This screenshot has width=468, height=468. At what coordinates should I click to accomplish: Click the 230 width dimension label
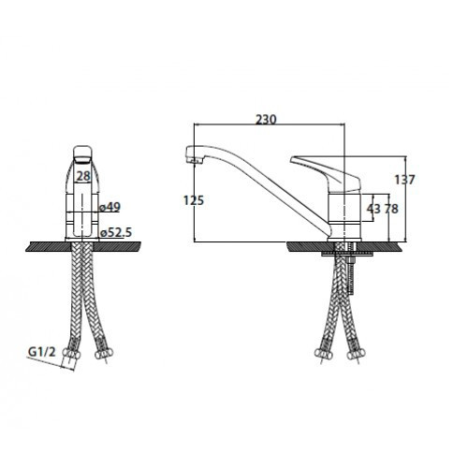point(266,120)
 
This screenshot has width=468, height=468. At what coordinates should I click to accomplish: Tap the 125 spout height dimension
point(194,200)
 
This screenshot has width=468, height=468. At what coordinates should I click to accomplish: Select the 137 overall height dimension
point(404,180)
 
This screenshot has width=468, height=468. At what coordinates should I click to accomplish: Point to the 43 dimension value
point(373,209)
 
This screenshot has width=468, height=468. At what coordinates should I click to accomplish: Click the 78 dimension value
point(391,209)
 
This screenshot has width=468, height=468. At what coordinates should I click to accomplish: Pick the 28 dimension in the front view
point(83,176)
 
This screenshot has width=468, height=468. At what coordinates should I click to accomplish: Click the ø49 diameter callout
point(110,207)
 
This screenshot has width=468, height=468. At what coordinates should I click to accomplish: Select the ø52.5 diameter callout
point(116,232)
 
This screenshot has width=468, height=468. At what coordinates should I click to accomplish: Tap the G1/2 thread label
point(42,352)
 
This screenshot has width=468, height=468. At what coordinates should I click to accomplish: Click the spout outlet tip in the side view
point(194,161)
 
